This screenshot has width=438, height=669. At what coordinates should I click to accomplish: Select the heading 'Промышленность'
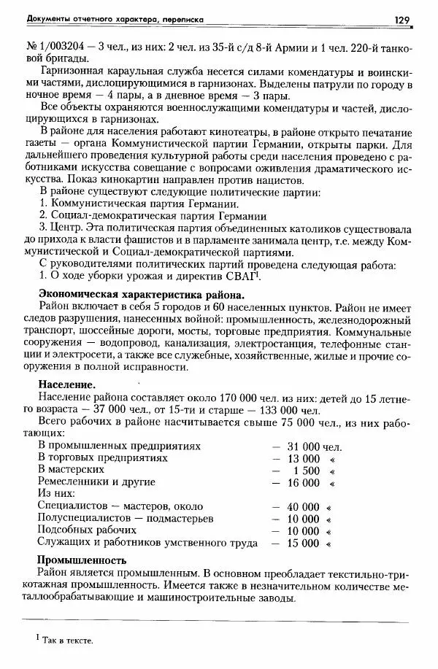(x=82, y=560)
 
